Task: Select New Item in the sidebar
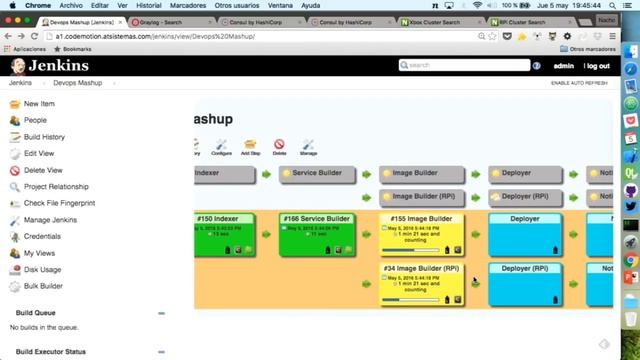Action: [39, 104]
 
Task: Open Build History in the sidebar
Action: [44, 137]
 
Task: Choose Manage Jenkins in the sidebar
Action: [50, 219]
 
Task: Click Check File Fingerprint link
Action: [59, 203]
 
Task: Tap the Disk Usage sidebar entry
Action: [42, 269]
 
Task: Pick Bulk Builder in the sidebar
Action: [43, 286]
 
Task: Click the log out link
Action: [597, 65]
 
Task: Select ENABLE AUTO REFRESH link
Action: [579, 83]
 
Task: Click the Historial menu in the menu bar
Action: [149, 5]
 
